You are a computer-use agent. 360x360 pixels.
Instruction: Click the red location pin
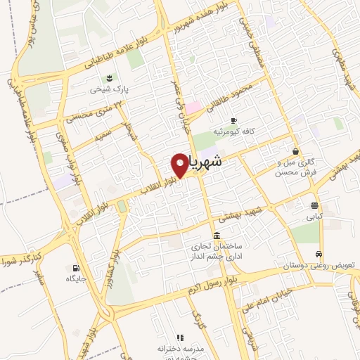(179, 165)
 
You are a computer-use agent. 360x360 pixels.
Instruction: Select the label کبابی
(314, 218)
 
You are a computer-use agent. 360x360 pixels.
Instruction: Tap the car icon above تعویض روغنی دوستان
(320, 255)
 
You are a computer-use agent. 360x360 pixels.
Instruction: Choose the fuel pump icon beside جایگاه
(75, 268)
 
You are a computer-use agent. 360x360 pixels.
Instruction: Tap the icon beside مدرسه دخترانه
(180, 337)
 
